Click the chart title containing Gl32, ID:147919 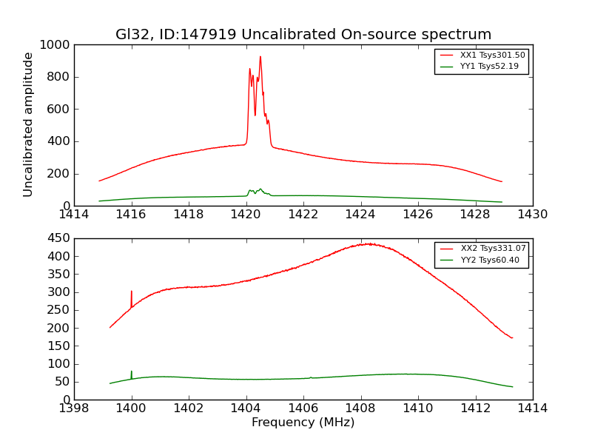click(x=303, y=35)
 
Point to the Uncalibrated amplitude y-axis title click(x=28, y=124)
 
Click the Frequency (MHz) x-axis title click(x=303, y=423)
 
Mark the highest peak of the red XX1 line click(x=260, y=57)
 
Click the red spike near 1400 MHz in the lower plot click(x=132, y=292)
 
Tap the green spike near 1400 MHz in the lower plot click(x=132, y=371)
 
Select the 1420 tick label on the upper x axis click(x=246, y=215)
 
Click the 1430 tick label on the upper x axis click(x=532, y=215)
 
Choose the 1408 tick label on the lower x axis click(x=360, y=408)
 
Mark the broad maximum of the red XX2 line click(x=366, y=243)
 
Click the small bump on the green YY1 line click(x=260, y=189)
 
